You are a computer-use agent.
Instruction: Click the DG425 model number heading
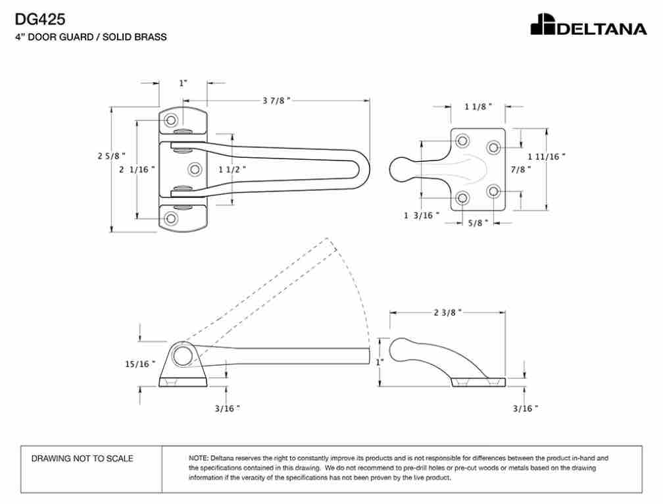tap(40, 19)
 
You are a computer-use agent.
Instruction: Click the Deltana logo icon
tap(543, 24)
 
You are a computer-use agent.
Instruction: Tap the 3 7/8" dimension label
tap(276, 101)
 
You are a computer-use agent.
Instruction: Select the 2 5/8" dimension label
tap(112, 156)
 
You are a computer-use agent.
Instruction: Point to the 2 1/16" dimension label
tap(137, 170)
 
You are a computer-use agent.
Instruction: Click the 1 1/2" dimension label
tap(232, 170)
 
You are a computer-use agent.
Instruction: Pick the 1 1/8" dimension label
tap(478, 107)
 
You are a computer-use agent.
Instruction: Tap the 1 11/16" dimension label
tap(547, 157)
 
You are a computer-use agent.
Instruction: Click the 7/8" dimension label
tap(520, 170)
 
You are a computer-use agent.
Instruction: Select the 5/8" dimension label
tap(478, 223)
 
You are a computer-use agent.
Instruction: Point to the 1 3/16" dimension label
tap(422, 216)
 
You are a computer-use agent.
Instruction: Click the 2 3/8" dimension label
tap(447, 313)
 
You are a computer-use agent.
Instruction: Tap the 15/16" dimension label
tap(140, 364)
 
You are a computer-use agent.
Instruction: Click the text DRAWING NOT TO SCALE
tap(82, 459)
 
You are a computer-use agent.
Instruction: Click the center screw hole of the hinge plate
tap(195, 170)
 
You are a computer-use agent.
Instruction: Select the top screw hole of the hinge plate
tap(171, 120)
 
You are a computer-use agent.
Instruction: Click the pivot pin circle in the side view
tap(183, 355)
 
